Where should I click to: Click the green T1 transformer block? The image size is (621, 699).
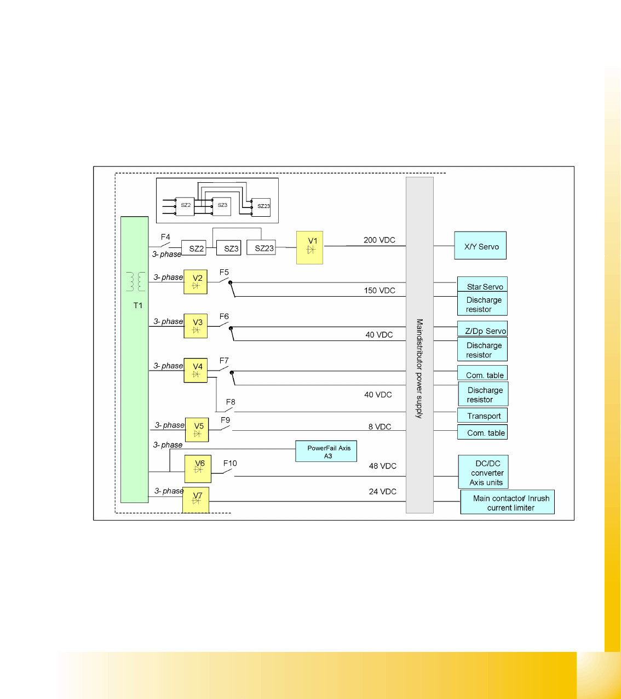[135, 359]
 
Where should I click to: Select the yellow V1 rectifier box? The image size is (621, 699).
[309, 247]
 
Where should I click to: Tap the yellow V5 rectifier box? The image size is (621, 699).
[197, 429]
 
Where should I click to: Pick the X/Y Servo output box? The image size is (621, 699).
[480, 246]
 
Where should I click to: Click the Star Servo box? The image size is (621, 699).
[482, 284]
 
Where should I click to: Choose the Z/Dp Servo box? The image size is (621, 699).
[482, 328]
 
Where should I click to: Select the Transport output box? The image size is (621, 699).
[482, 415]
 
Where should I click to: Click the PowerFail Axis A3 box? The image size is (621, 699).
[326, 452]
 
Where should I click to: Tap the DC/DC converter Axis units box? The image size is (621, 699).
[484, 472]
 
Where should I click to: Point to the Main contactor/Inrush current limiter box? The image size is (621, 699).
[508, 502]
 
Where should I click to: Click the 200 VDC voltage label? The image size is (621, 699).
[379, 240]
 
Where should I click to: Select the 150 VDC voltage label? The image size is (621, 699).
[380, 290]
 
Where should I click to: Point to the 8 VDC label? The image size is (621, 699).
[380, 426]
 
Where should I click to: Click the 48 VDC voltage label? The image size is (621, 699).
[382, 466]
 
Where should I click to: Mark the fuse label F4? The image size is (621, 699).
[165, 237]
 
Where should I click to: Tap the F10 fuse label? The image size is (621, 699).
[230, 463]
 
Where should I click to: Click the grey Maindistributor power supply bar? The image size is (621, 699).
[419, 345]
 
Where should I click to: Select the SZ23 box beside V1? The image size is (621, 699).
[264, 248]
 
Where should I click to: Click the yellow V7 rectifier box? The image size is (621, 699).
[196, 499]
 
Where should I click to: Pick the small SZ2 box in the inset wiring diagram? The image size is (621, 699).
[186, 206]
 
